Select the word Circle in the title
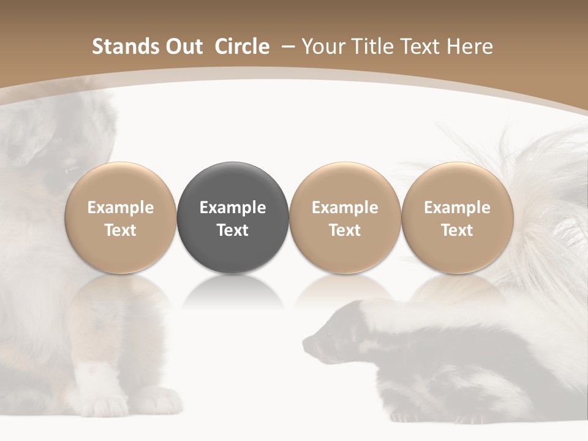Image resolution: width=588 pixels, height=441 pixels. click(x=242, y=47)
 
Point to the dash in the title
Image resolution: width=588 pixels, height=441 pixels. click(x=287, y=47)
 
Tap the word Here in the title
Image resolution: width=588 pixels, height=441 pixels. click(x=470, y=47)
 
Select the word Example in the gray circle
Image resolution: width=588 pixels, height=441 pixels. click(x=233, y=208)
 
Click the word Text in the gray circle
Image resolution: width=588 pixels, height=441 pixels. click(x=233, y=230)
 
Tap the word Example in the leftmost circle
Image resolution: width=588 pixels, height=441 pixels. click(x=121, y=208)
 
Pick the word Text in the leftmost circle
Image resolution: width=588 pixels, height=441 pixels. click(x=121, y=230)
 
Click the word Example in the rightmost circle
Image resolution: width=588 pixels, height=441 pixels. click(x=457, y=208)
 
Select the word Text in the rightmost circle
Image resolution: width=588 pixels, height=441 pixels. click(x=457, y=230)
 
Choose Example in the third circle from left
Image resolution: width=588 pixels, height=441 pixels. click(x=345, y=208)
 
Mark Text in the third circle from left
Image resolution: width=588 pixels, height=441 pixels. click(x=345, y=230)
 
